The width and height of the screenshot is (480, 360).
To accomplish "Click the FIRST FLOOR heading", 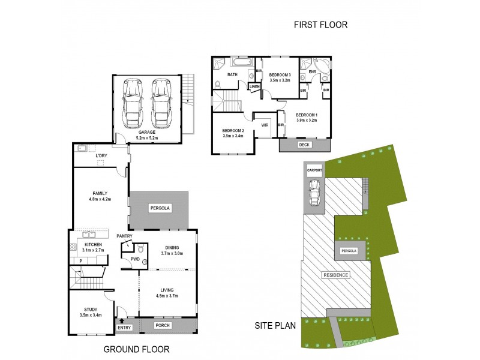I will (x=320, y=25).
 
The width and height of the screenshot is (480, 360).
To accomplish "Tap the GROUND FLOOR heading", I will (x=137, y=349).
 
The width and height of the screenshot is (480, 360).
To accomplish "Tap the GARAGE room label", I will (x=147, y=132).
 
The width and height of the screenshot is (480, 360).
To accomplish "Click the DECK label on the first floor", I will (x=305, y=145).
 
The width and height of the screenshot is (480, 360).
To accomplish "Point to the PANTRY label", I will (x=124, y=236).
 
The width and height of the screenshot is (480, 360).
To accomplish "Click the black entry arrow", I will (x=123, y=321).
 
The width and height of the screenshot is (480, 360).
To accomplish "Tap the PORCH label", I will (x=163, y=326).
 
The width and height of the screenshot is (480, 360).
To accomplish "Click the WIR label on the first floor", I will (x=265, y=125).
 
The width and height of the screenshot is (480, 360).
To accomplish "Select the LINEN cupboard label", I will (x=254, y=86).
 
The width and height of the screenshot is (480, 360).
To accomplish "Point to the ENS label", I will (x=312, y=73).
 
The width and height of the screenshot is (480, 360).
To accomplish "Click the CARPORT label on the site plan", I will (x=315, y=170).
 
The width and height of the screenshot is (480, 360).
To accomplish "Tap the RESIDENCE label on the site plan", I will (x=336, y=275).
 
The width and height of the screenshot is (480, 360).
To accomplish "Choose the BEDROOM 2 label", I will (x=233, y=130).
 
